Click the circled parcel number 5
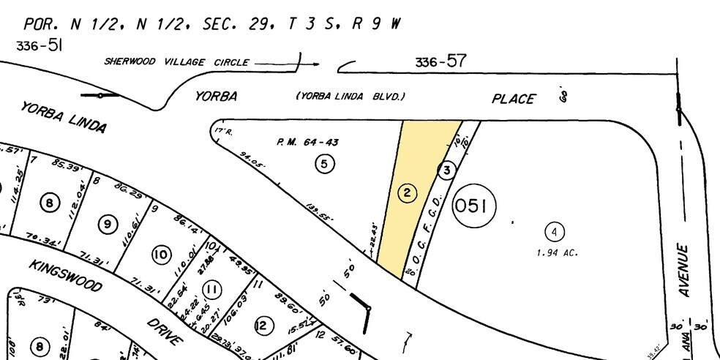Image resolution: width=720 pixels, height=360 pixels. (x=325, y=163)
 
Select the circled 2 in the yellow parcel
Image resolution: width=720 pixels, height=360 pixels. (x=407, y=193)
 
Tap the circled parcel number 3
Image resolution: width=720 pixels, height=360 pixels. (x=446, y=170)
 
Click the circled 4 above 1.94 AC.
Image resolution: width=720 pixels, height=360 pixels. (x=555, y=233)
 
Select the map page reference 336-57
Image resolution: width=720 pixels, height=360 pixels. (x=440, y=62)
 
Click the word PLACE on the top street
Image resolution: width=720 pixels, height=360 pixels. (x=512, y=99)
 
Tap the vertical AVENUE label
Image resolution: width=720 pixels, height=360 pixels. (x=685, y=270)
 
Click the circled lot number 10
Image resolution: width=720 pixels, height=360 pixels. (x=161, y=255)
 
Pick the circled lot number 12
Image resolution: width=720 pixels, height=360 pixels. (x=262, y=326)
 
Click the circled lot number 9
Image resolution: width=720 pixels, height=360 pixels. (x=108, y=225)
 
